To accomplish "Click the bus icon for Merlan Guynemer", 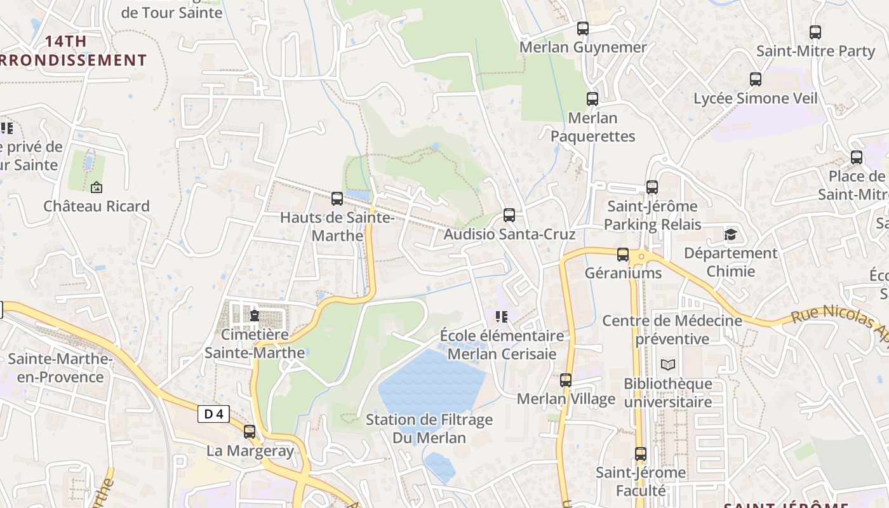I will (x=582, y=29).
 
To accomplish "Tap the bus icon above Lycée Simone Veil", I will (x=755, y=79).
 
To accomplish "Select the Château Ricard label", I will (x=97, y=206).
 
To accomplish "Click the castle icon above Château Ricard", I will (x=97, y=187).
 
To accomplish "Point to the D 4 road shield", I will (x=213, y=414).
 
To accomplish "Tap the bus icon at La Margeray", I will (x=250, y=432).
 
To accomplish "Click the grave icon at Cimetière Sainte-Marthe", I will (x=255, y=315).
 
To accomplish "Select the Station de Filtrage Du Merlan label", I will (x=429, y=429).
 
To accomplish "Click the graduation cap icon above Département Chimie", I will (x=731, y=234).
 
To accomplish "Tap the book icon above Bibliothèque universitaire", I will (x=667, y=364).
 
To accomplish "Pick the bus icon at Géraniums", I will (x=623, y=255).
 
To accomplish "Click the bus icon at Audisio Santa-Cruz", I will (x=509, y=215).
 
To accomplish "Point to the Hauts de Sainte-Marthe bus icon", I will (x=337, y=199).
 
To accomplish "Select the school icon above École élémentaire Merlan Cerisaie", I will (x=502, y=316).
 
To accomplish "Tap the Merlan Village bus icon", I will (x=566, y=380).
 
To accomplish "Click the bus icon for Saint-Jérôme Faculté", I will (x=641, y=454).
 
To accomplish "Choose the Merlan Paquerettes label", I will (x=592, y=127).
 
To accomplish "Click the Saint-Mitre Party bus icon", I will (x=815, y=32).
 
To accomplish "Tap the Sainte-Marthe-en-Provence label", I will (x=60, y=368).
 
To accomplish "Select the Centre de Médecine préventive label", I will (x=672, y=330).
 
